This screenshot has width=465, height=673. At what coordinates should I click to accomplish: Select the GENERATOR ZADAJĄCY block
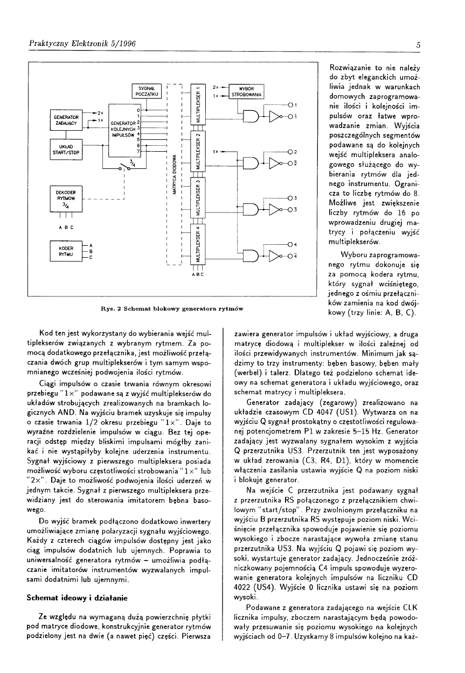(x=65, y=119)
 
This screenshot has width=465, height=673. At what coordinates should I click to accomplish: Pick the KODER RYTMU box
(x=65, y=251)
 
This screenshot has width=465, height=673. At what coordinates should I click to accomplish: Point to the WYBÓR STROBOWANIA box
(x=246, y=91)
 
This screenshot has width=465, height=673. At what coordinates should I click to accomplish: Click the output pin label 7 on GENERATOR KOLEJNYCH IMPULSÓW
(x=139, y=152)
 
